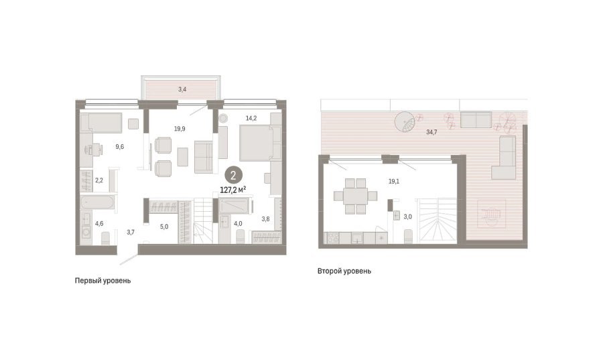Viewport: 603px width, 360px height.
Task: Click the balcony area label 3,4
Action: point(182,90)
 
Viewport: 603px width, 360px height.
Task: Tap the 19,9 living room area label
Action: point(180,129)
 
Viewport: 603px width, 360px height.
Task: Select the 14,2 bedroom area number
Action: point(251,119)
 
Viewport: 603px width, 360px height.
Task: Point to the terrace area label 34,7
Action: point(431,132)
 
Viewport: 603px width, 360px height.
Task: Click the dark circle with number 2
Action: point(233,176)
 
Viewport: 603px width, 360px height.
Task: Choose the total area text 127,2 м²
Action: point(233,190)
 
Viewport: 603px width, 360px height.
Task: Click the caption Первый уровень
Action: point(103,281)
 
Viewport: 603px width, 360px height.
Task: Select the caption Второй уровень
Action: point(344,271)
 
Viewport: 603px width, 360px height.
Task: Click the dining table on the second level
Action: point(356,196)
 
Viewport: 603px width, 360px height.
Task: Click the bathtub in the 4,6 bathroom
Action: point(98,202)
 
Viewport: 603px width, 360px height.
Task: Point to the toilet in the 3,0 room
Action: point(409,237)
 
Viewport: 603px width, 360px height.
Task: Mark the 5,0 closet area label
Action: point(164,227)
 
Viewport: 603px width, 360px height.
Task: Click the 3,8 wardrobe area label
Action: point(265,219)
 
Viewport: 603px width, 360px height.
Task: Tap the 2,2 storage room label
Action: point(99,180)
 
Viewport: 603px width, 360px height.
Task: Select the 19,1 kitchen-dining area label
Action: point(394,182)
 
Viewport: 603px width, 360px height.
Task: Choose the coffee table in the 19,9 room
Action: point(183,157)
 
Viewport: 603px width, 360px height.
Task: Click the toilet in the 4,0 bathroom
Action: point(241,237)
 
